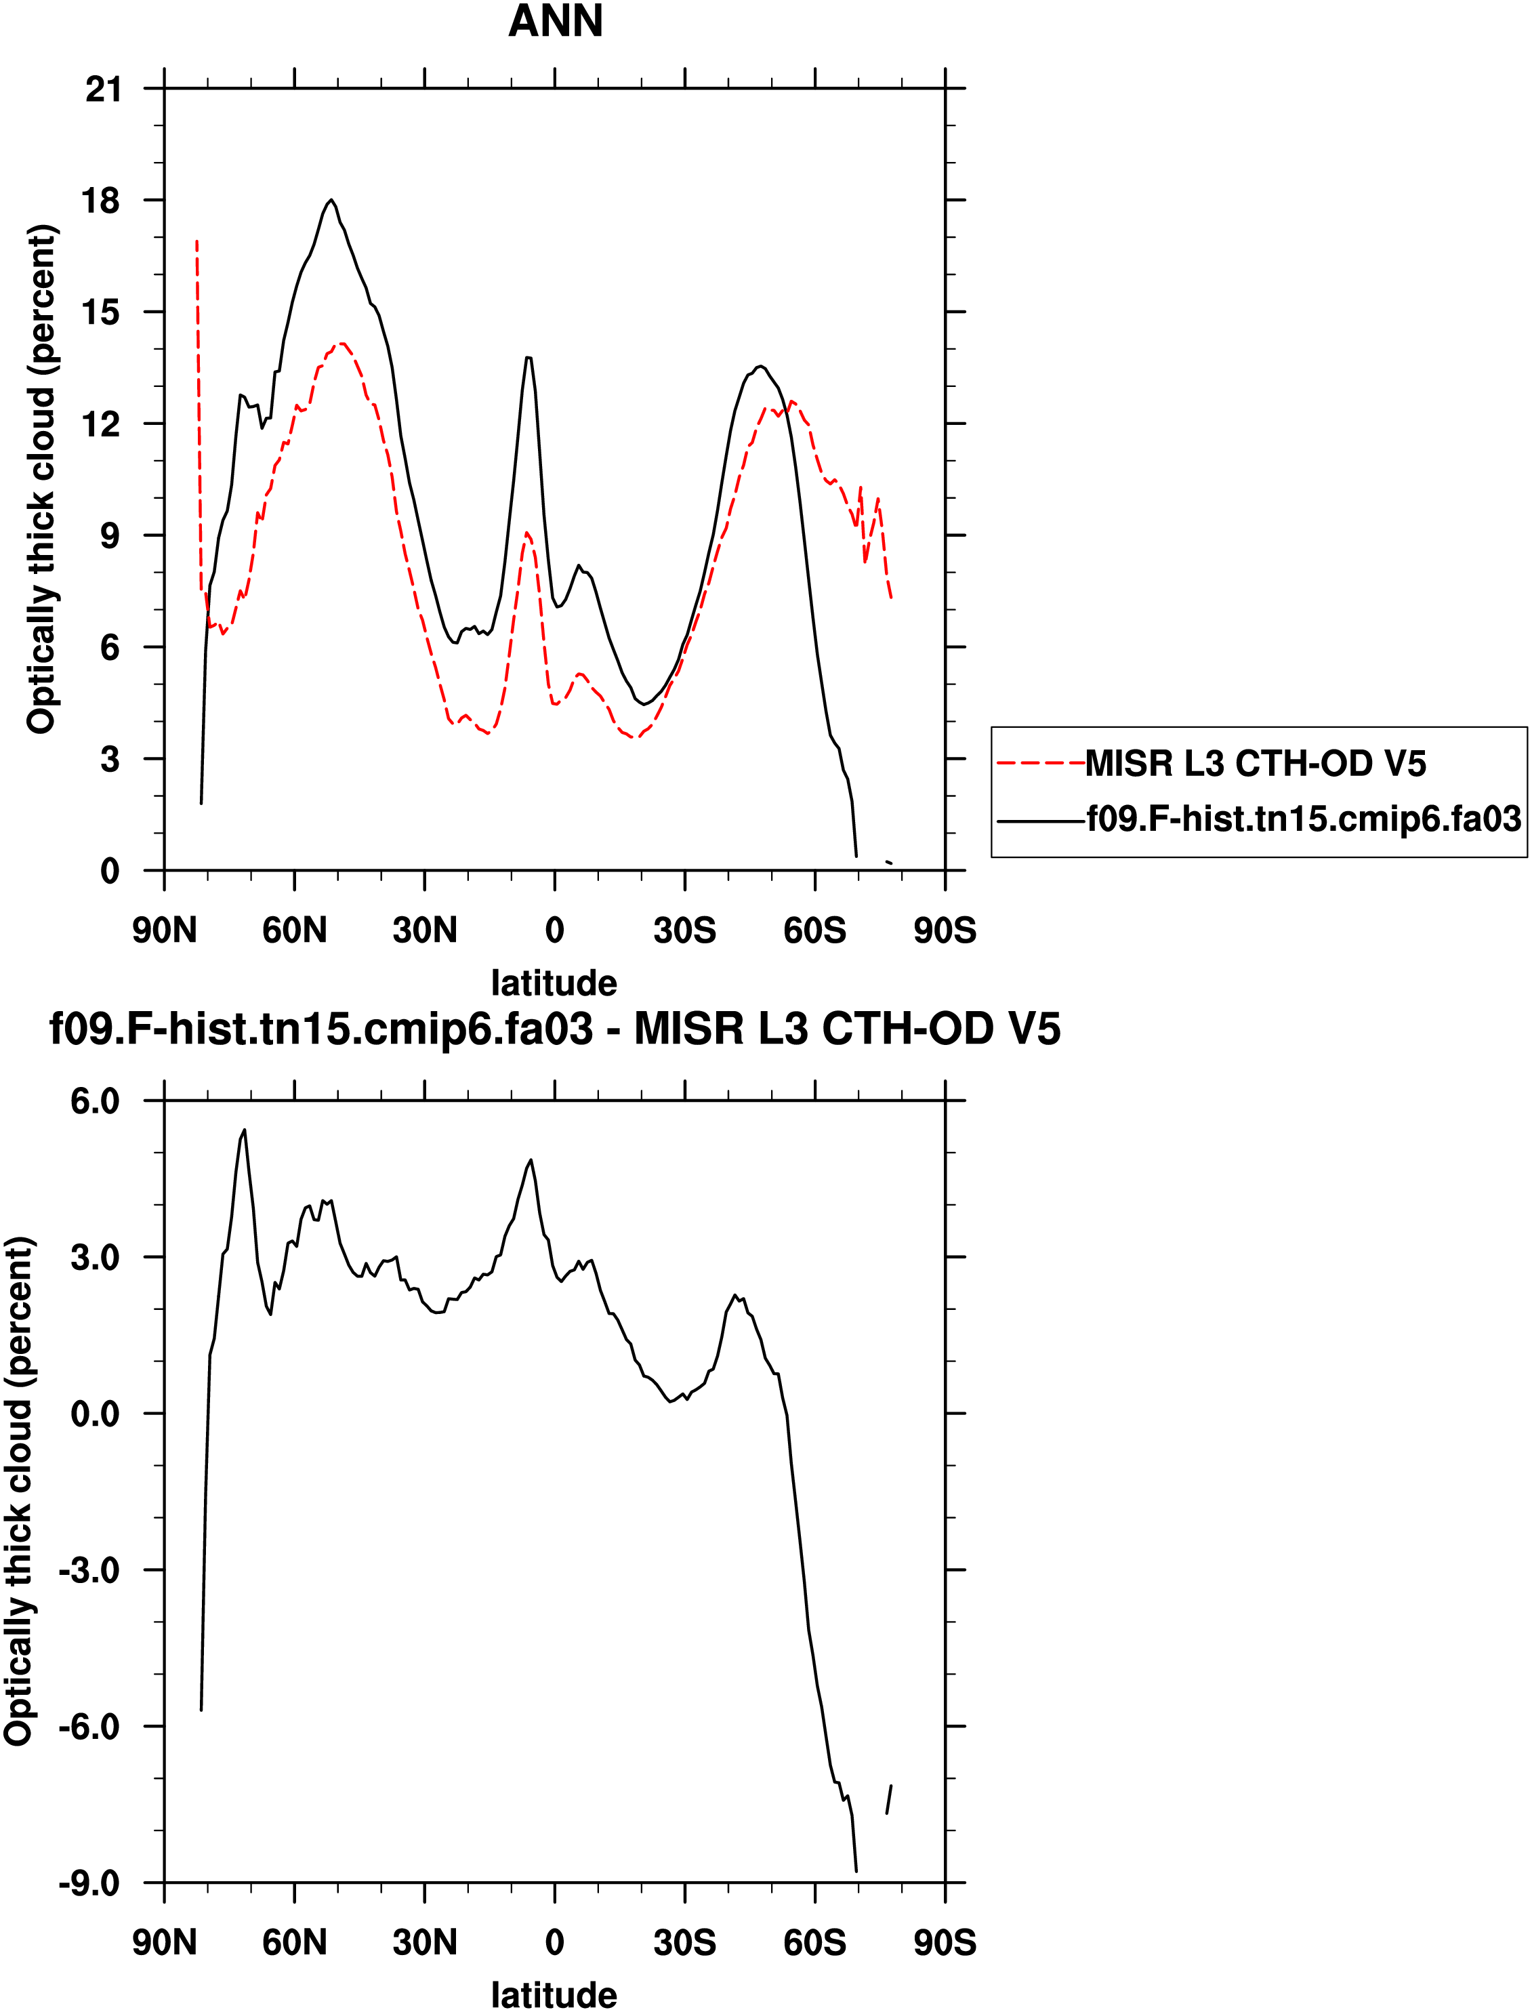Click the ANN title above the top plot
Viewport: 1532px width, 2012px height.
[x=556, y=21]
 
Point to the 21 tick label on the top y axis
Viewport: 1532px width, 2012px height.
[x=102, y=89]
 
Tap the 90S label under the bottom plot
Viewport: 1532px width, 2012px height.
[x=945, y=1943]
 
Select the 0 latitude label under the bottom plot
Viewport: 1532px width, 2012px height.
[x=554, y=1943]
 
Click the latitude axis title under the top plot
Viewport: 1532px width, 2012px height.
[x=554, y=983]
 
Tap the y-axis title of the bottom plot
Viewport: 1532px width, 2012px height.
[x=20, y=1492]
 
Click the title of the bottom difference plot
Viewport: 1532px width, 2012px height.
[x=554, y=1029]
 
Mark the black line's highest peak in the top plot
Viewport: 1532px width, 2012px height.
[x=331, y=200]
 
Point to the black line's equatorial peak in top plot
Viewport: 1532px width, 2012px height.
[x=528, y=358]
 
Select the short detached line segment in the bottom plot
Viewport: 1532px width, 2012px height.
[x=888, y=1811]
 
